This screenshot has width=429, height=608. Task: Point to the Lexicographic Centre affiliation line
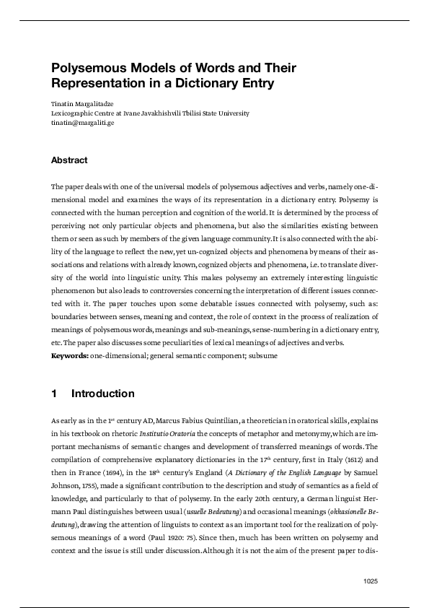pos(150,113)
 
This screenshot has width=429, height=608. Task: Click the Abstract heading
pos(69,160)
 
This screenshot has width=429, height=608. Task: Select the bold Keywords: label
pos(70,356)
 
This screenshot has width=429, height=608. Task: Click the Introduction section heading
pos(103,394)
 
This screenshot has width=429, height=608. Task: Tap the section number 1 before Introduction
pos(54,394)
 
